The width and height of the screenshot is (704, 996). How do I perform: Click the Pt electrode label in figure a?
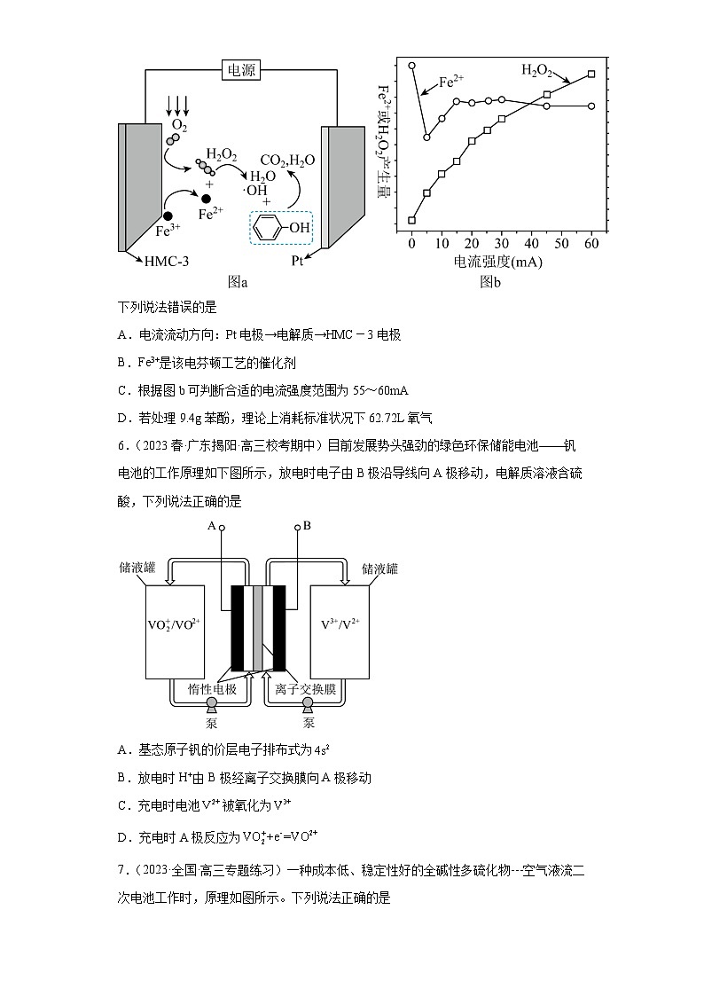(298, 262)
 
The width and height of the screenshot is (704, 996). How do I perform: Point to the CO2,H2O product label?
(286, 161)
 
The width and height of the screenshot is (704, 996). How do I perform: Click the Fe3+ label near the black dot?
(168, 231)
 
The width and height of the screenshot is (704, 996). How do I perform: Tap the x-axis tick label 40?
(531, 243)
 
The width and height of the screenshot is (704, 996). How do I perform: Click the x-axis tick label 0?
(411, 243)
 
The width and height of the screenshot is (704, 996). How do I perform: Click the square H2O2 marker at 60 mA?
(591, 75)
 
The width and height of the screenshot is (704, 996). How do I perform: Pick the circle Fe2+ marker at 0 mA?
(411, 66)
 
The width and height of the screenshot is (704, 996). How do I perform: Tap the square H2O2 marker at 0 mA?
(411, 220)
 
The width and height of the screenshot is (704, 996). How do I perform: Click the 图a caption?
(238, 282)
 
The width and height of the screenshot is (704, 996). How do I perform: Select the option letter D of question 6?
(123, 836)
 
